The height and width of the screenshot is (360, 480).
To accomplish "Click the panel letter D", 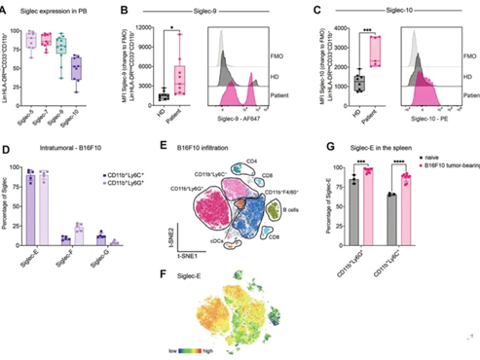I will (8, 149).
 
